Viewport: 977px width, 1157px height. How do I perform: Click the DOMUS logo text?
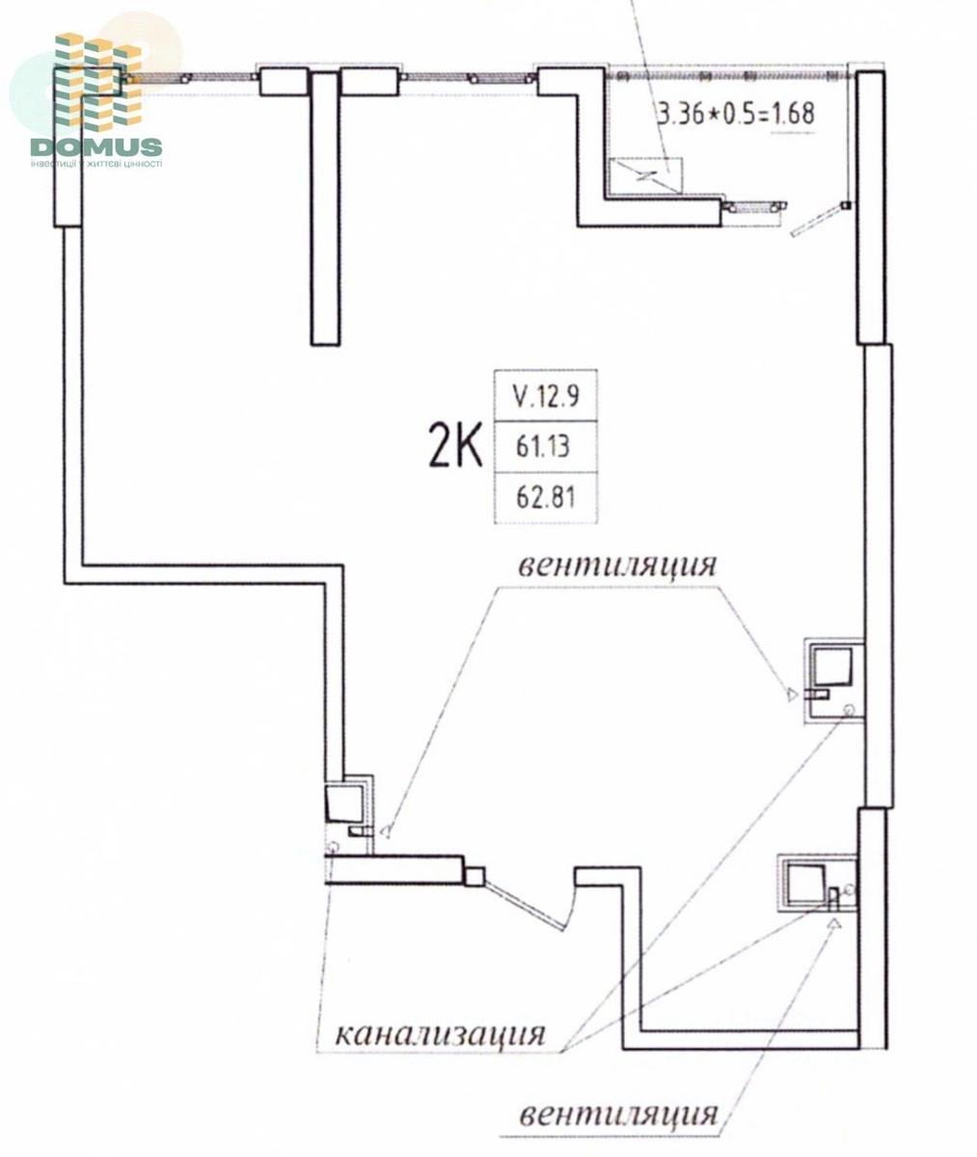coord(96,148)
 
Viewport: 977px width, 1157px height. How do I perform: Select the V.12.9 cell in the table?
coord(546,396)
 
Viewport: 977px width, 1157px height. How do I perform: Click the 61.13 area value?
coord(543,446)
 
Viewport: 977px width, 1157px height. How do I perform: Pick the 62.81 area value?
coord(546,498)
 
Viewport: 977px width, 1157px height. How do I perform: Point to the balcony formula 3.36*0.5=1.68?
coord(736,114)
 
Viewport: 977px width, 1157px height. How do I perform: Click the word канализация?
coord(441,1034)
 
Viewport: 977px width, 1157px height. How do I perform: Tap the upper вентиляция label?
coord(617,566)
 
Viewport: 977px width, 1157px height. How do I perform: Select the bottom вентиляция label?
coord(618,1116)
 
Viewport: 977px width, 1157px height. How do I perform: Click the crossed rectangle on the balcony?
coord(645,175)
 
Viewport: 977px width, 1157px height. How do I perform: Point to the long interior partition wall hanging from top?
coord(325,208)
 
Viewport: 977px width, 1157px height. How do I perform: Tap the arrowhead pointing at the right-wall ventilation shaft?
coord(792,694)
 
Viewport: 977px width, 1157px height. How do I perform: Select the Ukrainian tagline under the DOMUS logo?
coord(96,164)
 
